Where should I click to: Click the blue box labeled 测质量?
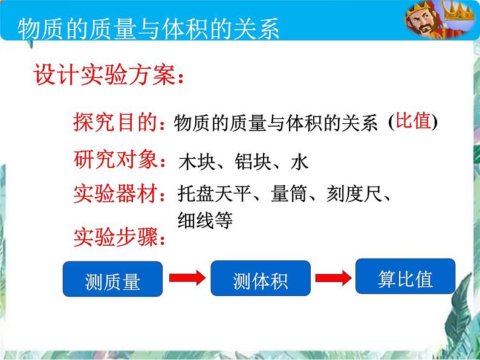(x=112, y=278)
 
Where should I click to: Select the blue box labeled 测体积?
(x=261, y=278)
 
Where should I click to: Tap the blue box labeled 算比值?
(x=405, y=276)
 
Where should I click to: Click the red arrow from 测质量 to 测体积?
(x=187, y=278)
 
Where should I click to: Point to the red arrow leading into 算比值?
(x=333, y=278)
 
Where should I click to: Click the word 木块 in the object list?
(x=197, y=161)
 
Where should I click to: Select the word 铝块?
(x=253, y=161)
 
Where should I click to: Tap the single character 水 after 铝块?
(x=299, y=161)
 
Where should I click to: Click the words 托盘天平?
(x=214, y=194)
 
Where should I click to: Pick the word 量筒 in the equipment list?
(x=289, y=194)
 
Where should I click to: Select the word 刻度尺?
(x=354, y=194)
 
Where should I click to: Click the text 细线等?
(x=205, y=220)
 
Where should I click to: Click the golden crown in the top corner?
(x=458, y=11)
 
